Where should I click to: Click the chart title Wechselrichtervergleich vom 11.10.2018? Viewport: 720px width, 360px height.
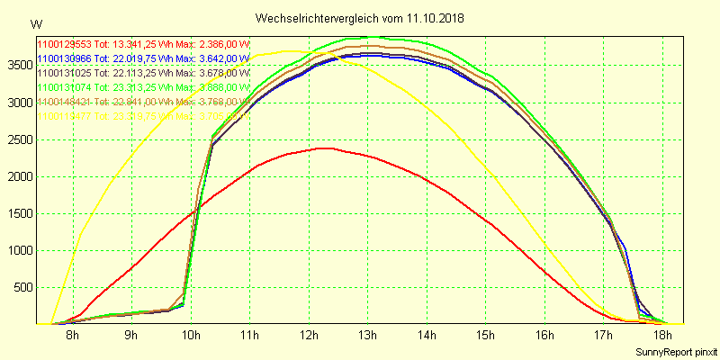click(x=360, y=18)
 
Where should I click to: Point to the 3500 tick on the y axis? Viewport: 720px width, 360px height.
click(x=18, y=65)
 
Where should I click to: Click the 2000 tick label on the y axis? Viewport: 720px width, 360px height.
click(x=18, y=176)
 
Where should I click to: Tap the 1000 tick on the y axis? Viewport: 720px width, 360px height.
click(x=18, y=250)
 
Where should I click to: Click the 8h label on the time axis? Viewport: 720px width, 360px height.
click(x=72, y=336)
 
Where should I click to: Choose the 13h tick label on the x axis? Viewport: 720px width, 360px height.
click(x=367, y=336)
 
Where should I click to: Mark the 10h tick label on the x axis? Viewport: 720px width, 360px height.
click(x=190, y=336)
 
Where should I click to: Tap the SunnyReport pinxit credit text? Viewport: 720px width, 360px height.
click(x=673, y=350)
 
